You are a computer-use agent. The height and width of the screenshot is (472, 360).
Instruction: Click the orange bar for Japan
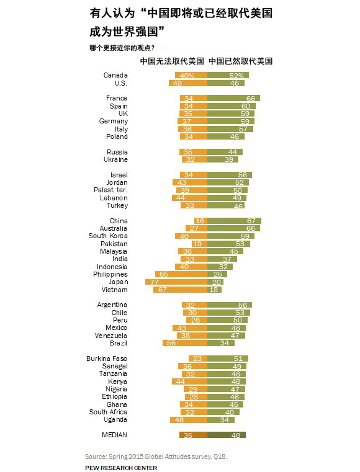(x=176, y=282)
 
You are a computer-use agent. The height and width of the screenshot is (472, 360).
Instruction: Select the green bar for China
(x=234, y=221)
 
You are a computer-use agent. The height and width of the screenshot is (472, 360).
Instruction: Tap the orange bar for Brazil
(x=185, y=343)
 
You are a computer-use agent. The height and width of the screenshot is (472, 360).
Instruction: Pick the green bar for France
(x=233, y=99)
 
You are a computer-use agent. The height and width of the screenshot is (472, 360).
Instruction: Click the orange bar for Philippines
(x=181, y=274)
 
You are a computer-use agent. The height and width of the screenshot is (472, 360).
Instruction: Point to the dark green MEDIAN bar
(x=227, y=435)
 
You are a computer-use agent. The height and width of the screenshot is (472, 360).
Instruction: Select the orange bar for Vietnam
(x=181, y=290)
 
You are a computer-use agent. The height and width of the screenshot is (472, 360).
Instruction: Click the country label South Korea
(x=108, y=236)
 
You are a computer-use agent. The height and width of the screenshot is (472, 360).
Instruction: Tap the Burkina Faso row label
(x=107, y=358)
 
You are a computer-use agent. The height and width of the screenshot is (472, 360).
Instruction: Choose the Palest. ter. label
(x=110, y=190)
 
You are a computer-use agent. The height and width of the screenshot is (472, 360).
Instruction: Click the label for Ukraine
(x=115, y=159)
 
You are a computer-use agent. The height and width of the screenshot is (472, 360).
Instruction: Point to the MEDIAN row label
(x=114, y=435)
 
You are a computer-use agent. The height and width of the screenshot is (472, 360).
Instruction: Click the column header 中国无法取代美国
(x=172, y=61)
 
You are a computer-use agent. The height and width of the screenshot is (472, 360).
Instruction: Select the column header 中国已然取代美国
(x=240, y=61)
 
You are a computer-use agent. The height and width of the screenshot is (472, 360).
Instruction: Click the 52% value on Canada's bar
(x=236, y=76)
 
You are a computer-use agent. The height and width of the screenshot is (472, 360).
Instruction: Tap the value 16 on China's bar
(x=200, y=221)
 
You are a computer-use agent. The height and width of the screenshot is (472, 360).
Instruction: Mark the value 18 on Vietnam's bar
(x=214, y=290)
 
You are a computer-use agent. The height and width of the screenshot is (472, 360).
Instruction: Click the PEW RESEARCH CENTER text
(x=121, y=468)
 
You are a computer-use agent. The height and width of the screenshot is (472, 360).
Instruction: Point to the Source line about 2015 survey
(x=156, y=456)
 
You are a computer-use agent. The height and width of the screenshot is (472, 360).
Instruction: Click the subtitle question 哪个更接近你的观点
(x=122, y=48)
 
